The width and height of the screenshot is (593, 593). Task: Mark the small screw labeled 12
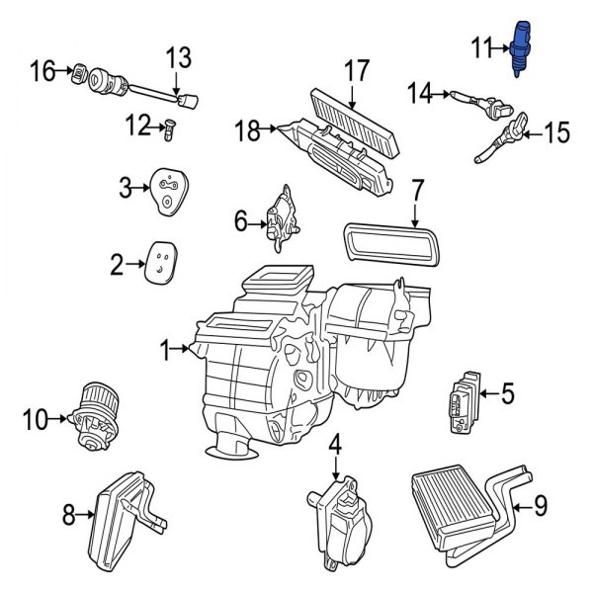click(170, 127)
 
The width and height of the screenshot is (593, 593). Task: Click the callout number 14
click(421, 94)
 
